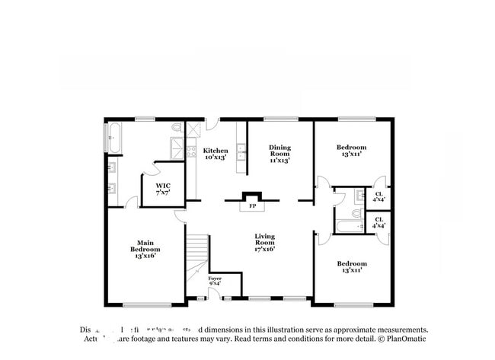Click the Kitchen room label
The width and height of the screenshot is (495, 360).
click(216, 154)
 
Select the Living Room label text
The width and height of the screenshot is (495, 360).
click(264, 244)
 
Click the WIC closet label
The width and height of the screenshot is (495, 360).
click(163, 189)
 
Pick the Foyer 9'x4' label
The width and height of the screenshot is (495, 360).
click(216, 282)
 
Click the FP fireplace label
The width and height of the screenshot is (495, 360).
click(252, 205)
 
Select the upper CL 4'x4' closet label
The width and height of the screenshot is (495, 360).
click(378, 196)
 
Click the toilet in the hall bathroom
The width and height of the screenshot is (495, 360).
click(356, 214)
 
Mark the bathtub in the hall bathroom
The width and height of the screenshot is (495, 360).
click(351, 226)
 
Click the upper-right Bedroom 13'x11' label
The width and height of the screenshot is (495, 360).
click(351, 150)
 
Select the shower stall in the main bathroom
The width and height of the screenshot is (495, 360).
click(176, 146)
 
